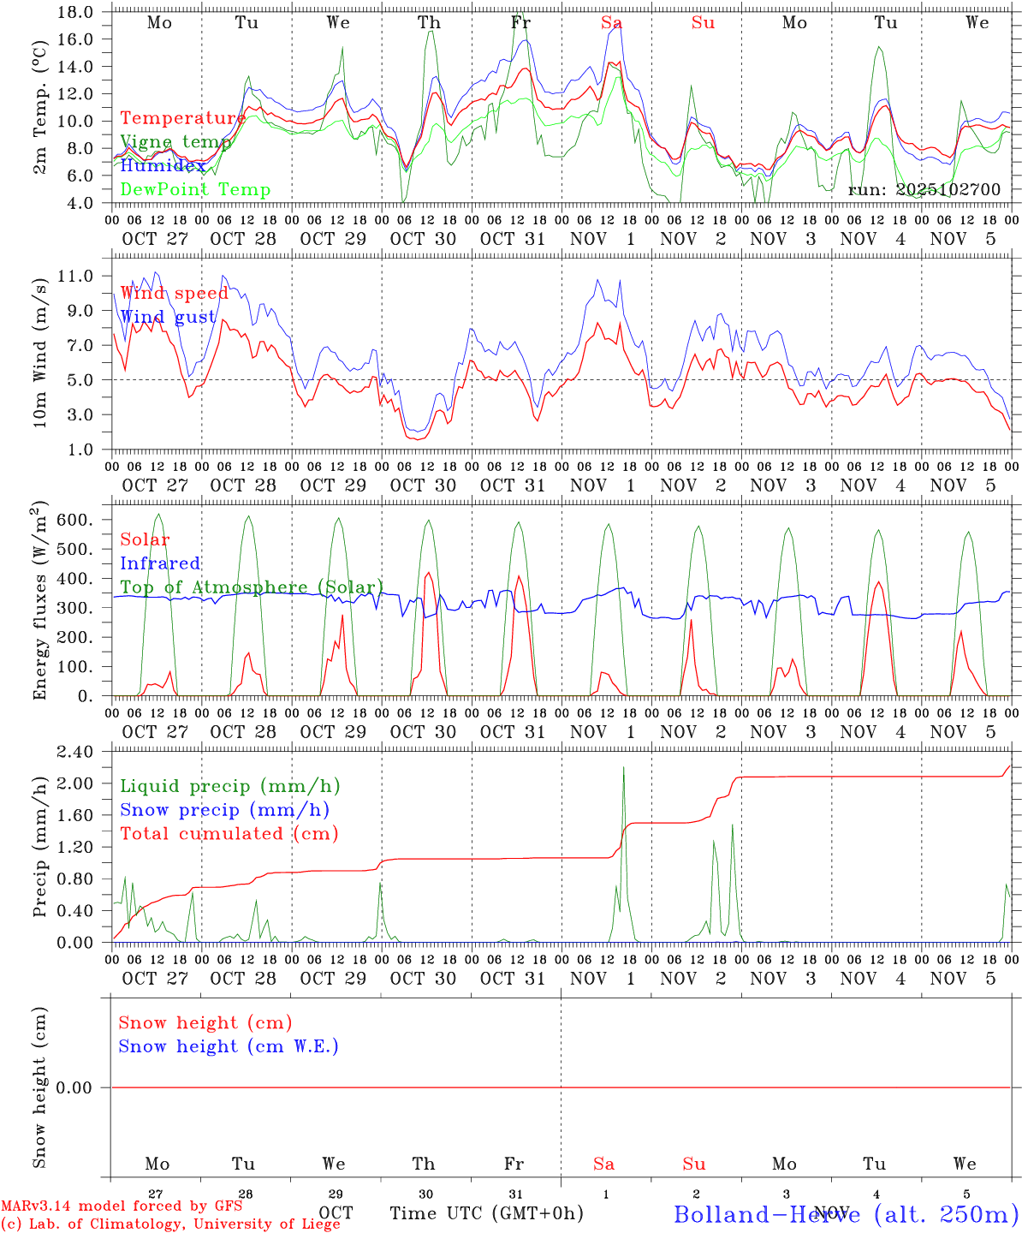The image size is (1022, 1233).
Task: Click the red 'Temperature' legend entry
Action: pyautogui.click(x=182, y=118)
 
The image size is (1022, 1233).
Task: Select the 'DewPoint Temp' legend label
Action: pyautogui.click(x=195, y=189)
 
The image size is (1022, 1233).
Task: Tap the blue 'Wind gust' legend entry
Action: pyautogui.click(x=168, y=317)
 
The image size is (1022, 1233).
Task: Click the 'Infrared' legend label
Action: pyautogui.click(x=160, y=563)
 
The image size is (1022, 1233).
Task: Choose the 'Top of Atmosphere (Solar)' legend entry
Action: pyautogui.click(x=251, y=587)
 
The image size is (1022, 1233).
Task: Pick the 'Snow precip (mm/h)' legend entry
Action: pyautogui.click(x=224, y=810)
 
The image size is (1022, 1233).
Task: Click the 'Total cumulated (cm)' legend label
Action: pyautogui.click(x=229, y=833)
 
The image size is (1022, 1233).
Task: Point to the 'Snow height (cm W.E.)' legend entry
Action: pyautogui.click(x=229, y=1046)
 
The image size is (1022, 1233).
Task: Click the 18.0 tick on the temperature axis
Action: pyautogui.click(x=77, y=12)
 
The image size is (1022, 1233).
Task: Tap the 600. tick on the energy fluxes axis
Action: pyautogui.click(x=77, y=520)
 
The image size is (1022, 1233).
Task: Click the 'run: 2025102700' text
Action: pyautogui.click(x=924, y=189)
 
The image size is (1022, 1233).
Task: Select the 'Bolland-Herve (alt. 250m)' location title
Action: pyautogui.click(x=845, y=1213)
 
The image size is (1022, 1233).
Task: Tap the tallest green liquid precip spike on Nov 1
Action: pyautogui.click(x=623, y=767)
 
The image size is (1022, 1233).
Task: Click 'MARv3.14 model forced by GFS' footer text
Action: pyautogui.click(x=122, y=1206)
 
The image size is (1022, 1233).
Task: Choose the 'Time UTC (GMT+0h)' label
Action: pyautogui.click(x=486, y=1213)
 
